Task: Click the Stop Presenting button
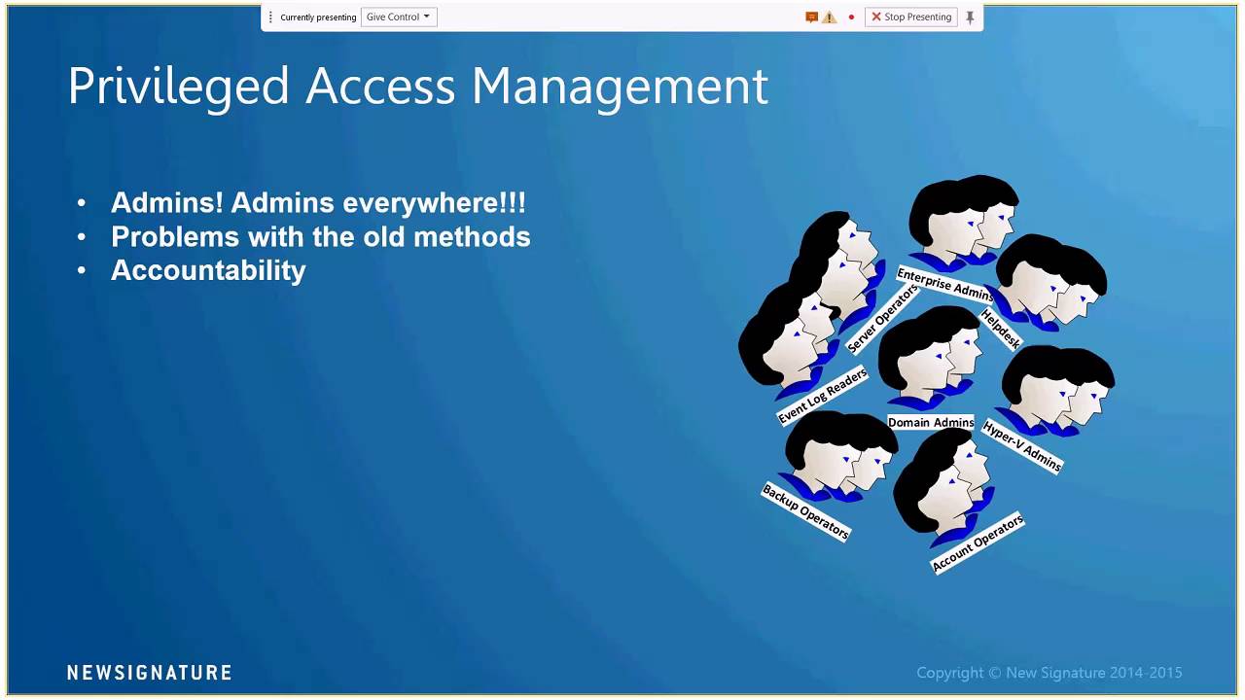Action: [x=911, y=17]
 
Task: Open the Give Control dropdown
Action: [x=399, y=17]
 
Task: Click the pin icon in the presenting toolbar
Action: [x=970, y=17]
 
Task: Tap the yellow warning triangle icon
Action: [x=829, y=17]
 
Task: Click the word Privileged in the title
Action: [x=178, y=87]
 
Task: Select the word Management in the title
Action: [x=620, y=87]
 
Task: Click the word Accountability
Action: [x=208, y=270]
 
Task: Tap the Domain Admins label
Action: [x=931, y=423]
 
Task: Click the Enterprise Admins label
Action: [x=944, y=285]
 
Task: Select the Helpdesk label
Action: [x=1001, y=330]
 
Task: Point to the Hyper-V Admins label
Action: [x=1022, y=446]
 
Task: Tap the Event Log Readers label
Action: [x=822, y=396]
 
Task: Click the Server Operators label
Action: [x=882, y=319]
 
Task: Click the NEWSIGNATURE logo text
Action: [x=149, y=673]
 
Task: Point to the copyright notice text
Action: [x=1049, y=673]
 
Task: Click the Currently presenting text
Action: [x=318, y=17]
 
